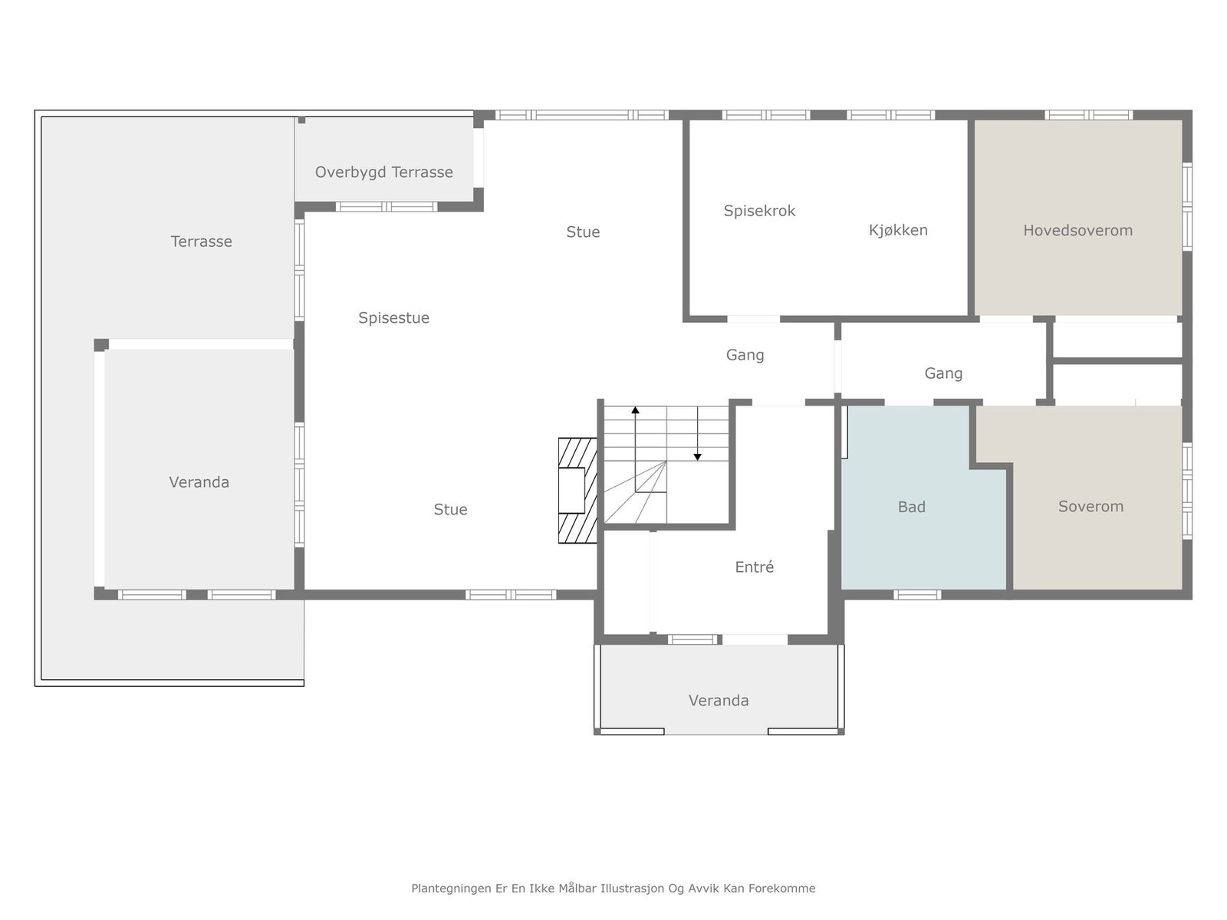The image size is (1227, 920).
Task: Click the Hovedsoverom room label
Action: coord(1077,230)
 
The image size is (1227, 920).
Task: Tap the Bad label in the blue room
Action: coord(911,507)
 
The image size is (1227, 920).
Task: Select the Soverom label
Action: coord(1090,506)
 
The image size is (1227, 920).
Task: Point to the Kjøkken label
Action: coord(898,229)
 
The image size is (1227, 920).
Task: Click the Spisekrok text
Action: coord(759,211)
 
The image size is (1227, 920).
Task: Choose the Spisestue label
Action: coord(393,318)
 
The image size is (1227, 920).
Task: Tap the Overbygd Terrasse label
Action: coord(383,172)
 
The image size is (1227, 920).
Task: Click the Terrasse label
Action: coord(201,242)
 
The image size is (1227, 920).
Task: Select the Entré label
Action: coord(754,567)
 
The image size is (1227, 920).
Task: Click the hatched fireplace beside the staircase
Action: coord(577,491)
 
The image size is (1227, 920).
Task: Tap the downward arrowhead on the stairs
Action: coord(697,457)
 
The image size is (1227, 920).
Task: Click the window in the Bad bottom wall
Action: coord(916,595)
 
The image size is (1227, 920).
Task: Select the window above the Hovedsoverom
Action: coord(1087,115)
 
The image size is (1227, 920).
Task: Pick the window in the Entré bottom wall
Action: coord(692,639)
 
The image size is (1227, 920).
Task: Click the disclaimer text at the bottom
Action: coord(613,888)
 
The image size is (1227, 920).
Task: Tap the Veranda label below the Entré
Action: coord(719,701)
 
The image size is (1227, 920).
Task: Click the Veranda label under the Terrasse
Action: coord(199,482)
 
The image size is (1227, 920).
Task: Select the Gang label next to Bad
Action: coord(943,373)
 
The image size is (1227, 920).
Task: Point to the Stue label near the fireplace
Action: coord(450,509)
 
